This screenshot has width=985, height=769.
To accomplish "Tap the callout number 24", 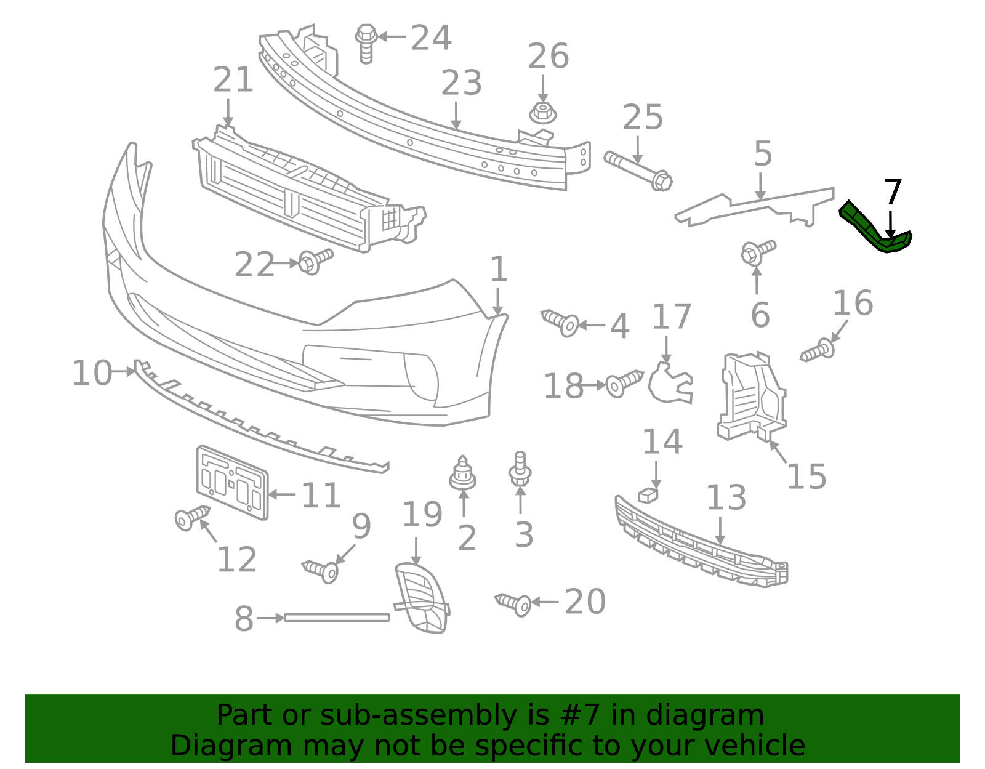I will click(431, 38).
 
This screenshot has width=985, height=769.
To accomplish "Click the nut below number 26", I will click(542, 113).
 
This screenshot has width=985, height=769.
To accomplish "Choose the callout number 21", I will click(233, 81).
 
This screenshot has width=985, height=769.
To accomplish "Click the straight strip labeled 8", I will click(337, 617).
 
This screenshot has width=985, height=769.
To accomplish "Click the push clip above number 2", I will click(462, 473).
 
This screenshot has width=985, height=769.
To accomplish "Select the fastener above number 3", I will click(520, 468).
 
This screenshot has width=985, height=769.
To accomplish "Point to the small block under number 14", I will click(648, 494).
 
